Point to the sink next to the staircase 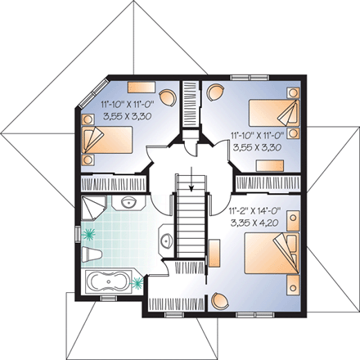(x=167, y=241)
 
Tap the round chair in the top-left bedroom (x=166, y=97)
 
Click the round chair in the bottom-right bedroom (x=218, y=300)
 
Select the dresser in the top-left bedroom (x=141, y=87)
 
